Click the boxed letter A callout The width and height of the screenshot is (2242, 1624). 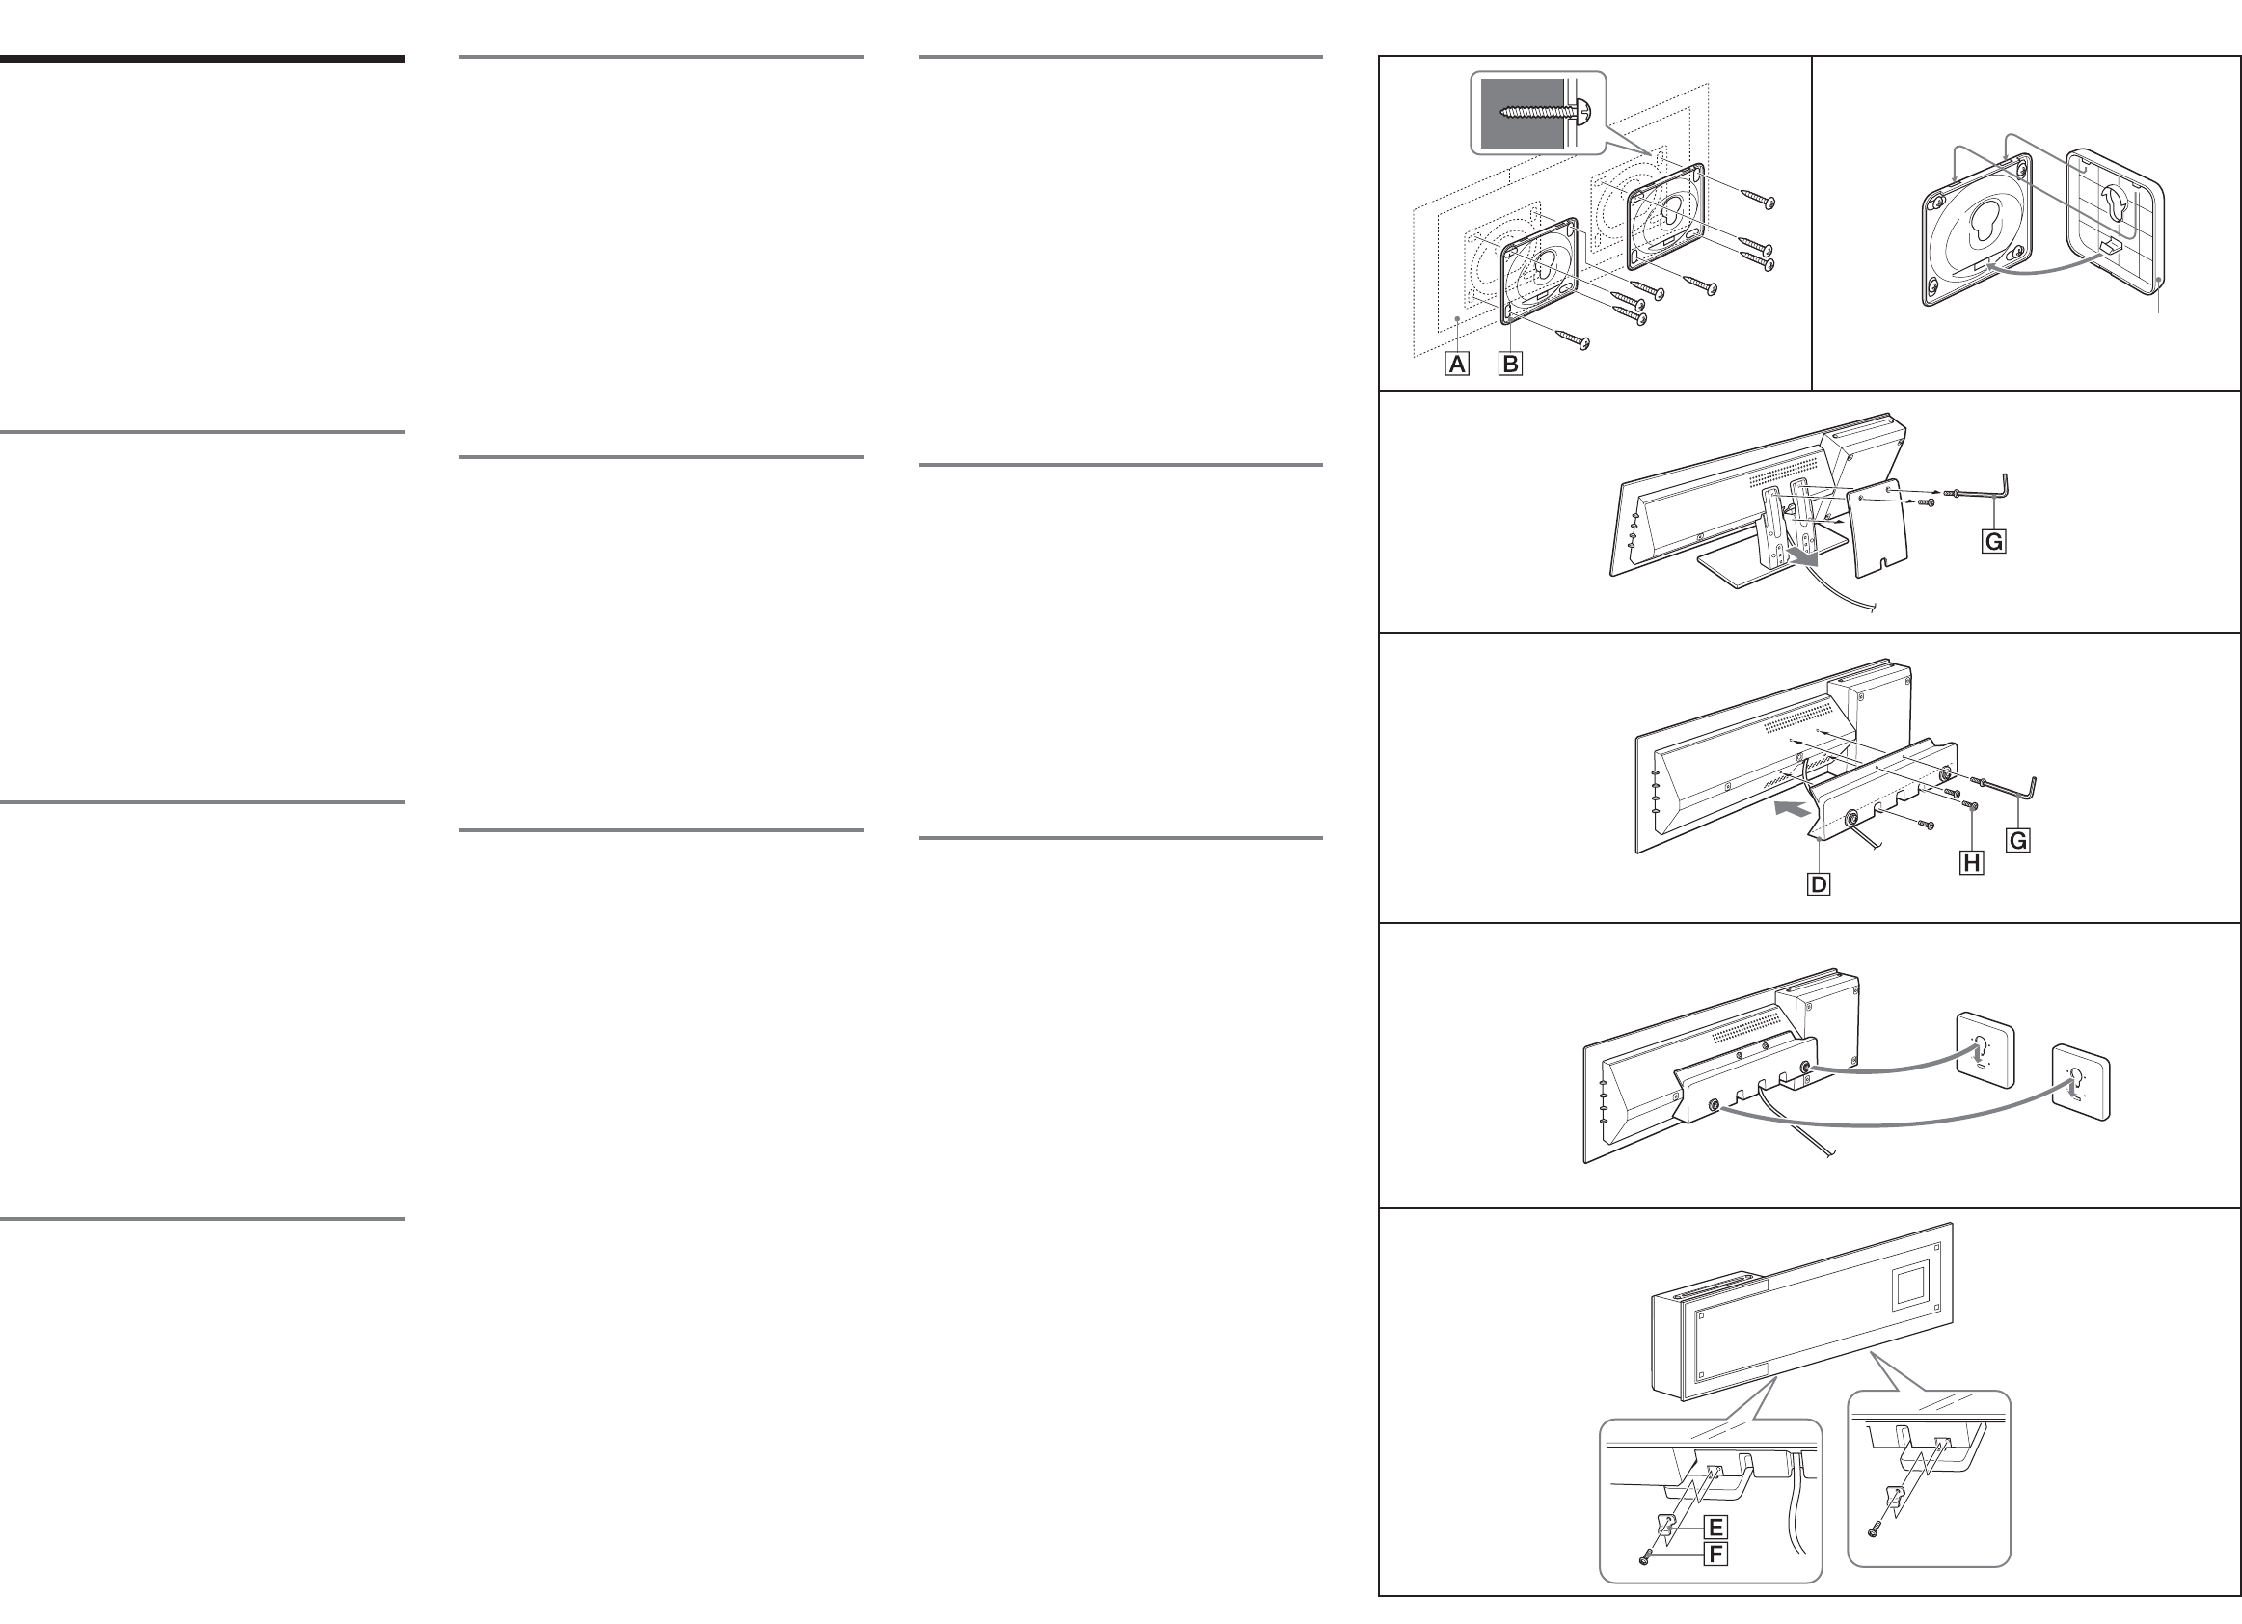coord(1456,364)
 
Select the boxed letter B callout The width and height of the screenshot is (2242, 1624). coord(1509,364)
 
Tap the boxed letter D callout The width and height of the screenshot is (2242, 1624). coord(1818,883)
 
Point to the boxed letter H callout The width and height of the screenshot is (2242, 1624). coord(1971,863)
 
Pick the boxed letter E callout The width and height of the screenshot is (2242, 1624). coord(1715,1528)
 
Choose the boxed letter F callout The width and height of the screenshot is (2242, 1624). coord(1715,1554)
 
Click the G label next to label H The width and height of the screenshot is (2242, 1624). coord(2017,840)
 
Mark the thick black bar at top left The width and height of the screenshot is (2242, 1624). coord(202,59)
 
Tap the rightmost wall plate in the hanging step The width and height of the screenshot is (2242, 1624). coord(2081,1081)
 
